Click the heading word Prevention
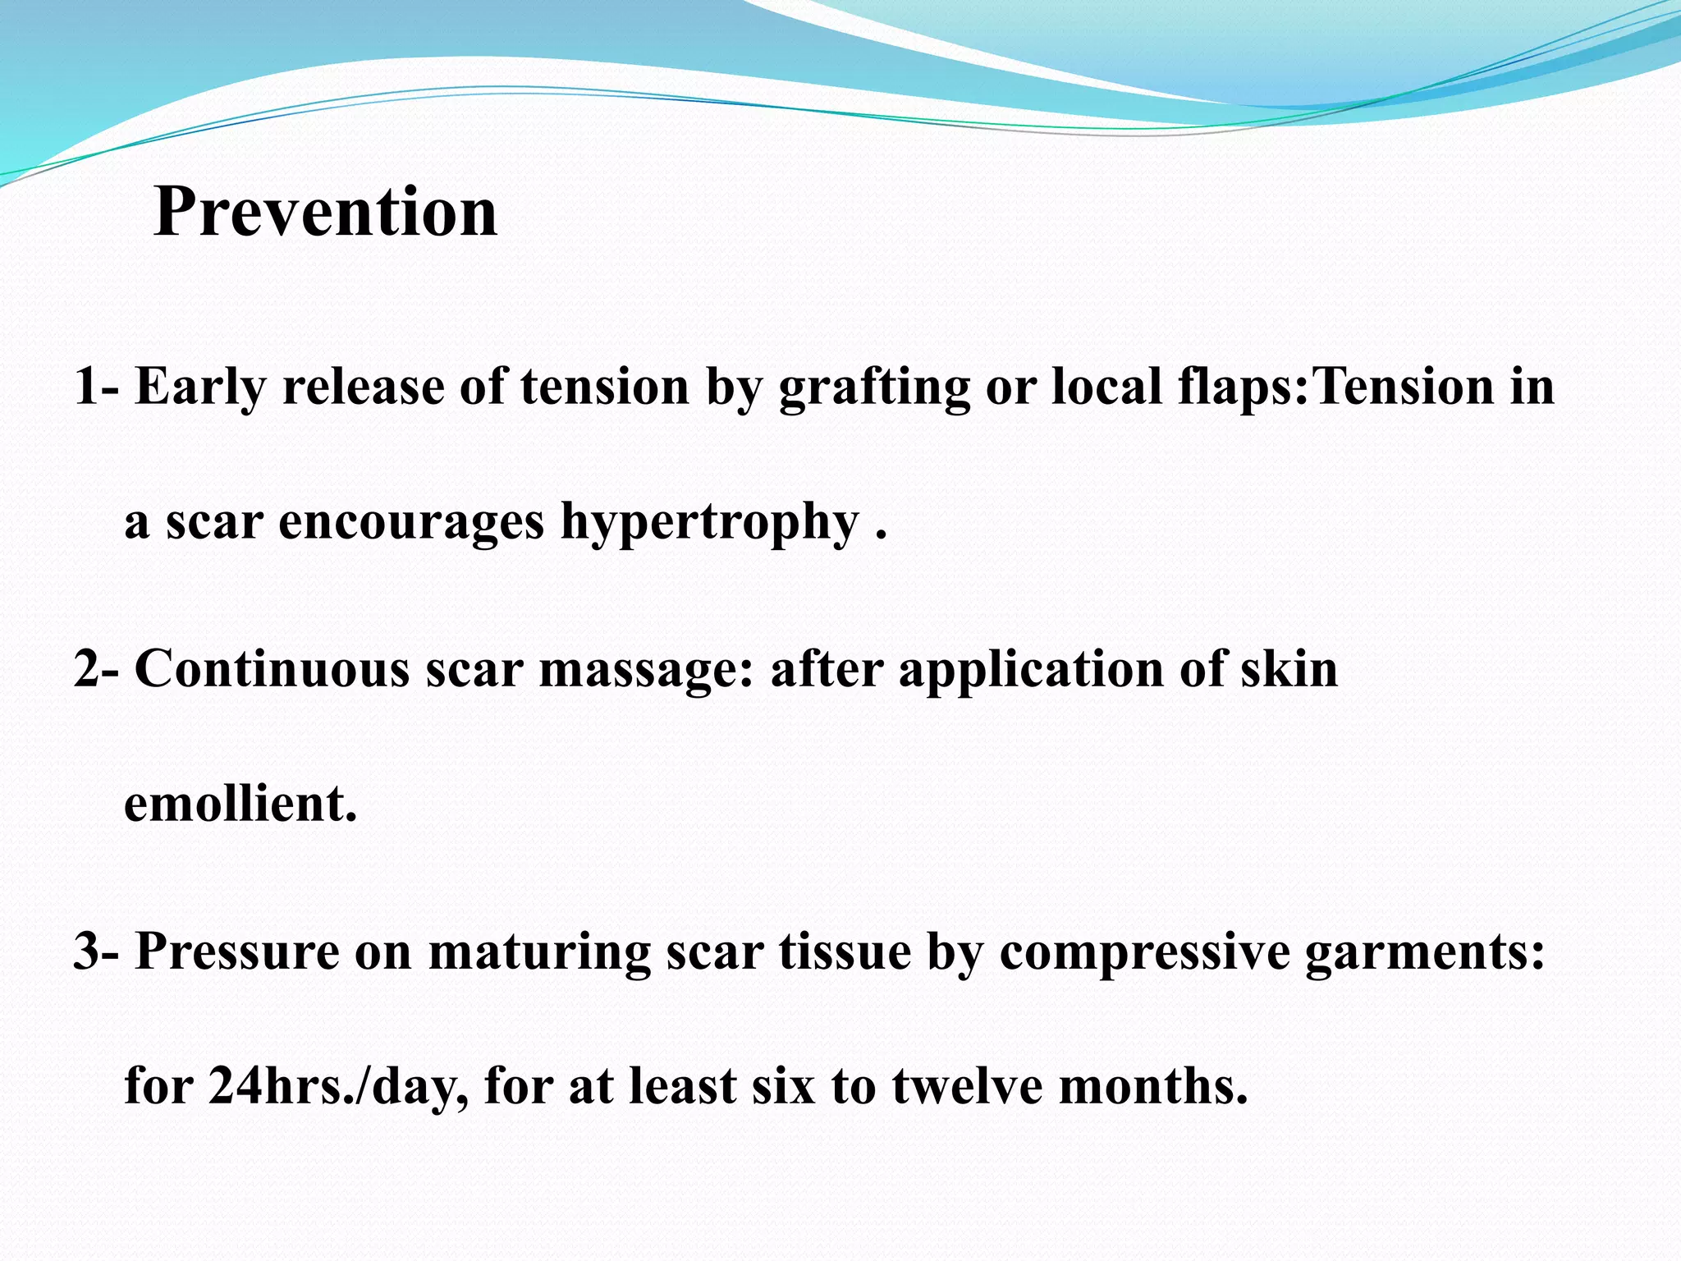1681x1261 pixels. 325,212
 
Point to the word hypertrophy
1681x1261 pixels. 709,523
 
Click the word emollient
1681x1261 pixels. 240,804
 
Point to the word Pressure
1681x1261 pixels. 237,952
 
